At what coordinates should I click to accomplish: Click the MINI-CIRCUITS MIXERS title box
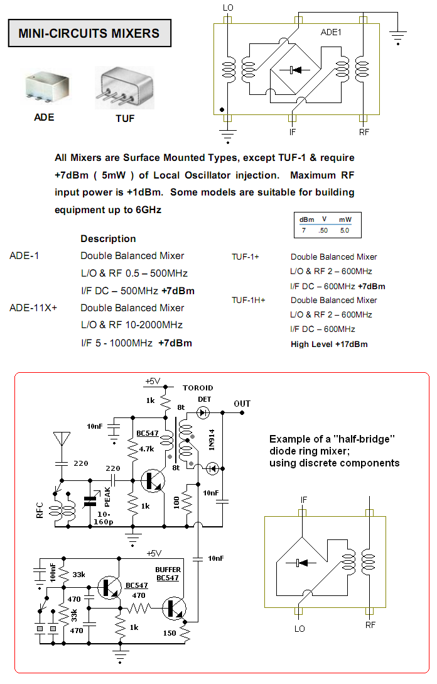[89, 34]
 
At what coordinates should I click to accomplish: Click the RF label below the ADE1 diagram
[364, 132]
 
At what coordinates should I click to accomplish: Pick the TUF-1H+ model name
[249, 301]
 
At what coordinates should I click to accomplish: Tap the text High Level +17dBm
[329, 344]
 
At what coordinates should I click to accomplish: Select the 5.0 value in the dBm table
[345, 231]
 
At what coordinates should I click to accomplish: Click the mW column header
[345, 219]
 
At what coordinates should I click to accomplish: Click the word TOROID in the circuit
[198, 388]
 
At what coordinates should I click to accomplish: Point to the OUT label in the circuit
[242, 404]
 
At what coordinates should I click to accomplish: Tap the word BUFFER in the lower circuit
[168, 570]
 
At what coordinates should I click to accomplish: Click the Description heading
[108, 239]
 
